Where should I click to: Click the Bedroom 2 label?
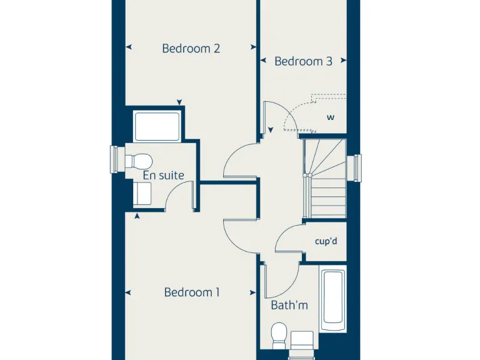click(191, 48)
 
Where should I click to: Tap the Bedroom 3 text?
click(303, 61)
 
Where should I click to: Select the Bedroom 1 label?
click(192, 292)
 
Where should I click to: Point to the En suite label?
click(163, 176)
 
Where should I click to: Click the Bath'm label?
click(289, 306)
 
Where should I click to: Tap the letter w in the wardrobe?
click(331, 117)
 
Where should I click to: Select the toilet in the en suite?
click(136, 161)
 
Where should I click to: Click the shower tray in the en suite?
click(157, 126)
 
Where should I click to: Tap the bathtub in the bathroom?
click(332, 300)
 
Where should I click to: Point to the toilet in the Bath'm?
click(279, 336)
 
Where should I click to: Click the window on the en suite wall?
click(114, 159)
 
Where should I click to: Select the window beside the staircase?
click(357, 167)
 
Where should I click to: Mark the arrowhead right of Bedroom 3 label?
click(342, 61)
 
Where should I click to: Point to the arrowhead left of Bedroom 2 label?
click(129, 47)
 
